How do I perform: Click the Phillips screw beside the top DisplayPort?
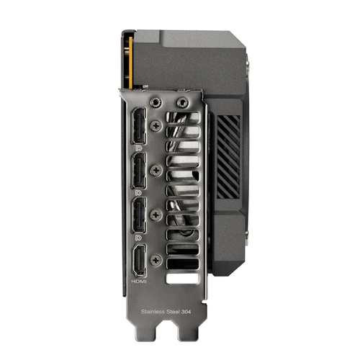point(157,125)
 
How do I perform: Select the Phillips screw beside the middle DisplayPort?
point(157,170)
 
